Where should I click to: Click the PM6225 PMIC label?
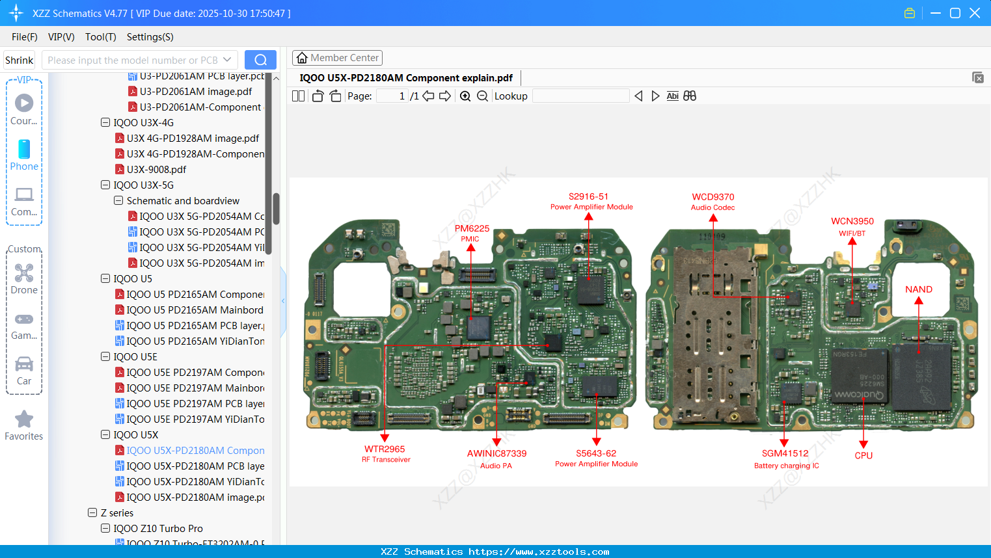pos(472,233)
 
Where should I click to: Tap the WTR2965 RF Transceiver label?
pos(385,453)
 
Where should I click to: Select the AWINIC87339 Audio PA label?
pos(496,458)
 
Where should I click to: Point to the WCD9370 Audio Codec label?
pos(713,201)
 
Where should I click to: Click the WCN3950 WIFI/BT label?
pos(852,226)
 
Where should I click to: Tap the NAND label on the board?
pos(918,289)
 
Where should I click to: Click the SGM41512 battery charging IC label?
pos(785,458)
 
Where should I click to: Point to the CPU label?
pos(863,455)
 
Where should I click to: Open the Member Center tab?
pos(337,58)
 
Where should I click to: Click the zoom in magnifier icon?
pos(465,96)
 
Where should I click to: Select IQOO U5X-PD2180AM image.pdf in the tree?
pos(195,498)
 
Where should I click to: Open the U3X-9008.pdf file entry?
pos(156,170)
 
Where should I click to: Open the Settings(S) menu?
pos(150,37)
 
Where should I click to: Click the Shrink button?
pos(20,60)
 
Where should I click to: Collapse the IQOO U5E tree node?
pos(105,357)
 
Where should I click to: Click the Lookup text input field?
pos(580,96)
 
